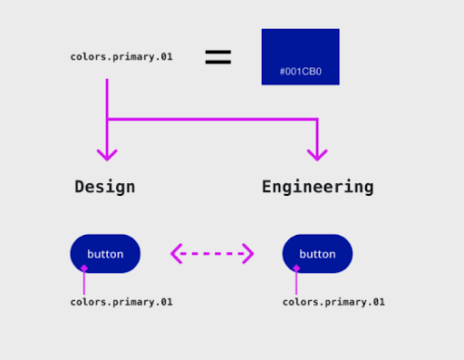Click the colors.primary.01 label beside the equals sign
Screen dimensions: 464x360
(x=121, y=57)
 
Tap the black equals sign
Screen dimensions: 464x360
(x=217, y=57)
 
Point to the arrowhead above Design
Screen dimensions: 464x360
(x=107, y=152)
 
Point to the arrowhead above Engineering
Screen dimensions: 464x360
(x=317, y=152)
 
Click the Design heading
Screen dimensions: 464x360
(x=105, y=187)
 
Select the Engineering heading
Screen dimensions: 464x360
(x=317, y=187)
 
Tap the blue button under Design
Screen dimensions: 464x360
(x=105, y=254)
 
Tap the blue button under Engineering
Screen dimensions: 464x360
(x=317, y=254)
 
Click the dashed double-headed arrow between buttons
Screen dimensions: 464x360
(x=212, y=254)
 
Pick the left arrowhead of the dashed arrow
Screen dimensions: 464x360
(x=176, y=254)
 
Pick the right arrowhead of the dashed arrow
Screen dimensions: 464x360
(x=248, y=254)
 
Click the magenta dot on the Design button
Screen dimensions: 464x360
(x=83, y=268)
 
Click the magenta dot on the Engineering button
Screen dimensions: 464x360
(x=295, y=268)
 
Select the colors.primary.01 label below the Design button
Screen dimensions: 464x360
(x=121, y=302)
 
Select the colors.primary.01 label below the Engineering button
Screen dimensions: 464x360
(x=333, y=302)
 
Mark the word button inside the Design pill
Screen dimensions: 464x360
(x=105, y=254)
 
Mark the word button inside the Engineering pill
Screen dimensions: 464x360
(x=317, y=254)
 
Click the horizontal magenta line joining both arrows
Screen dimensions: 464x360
(x=212, y=119)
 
